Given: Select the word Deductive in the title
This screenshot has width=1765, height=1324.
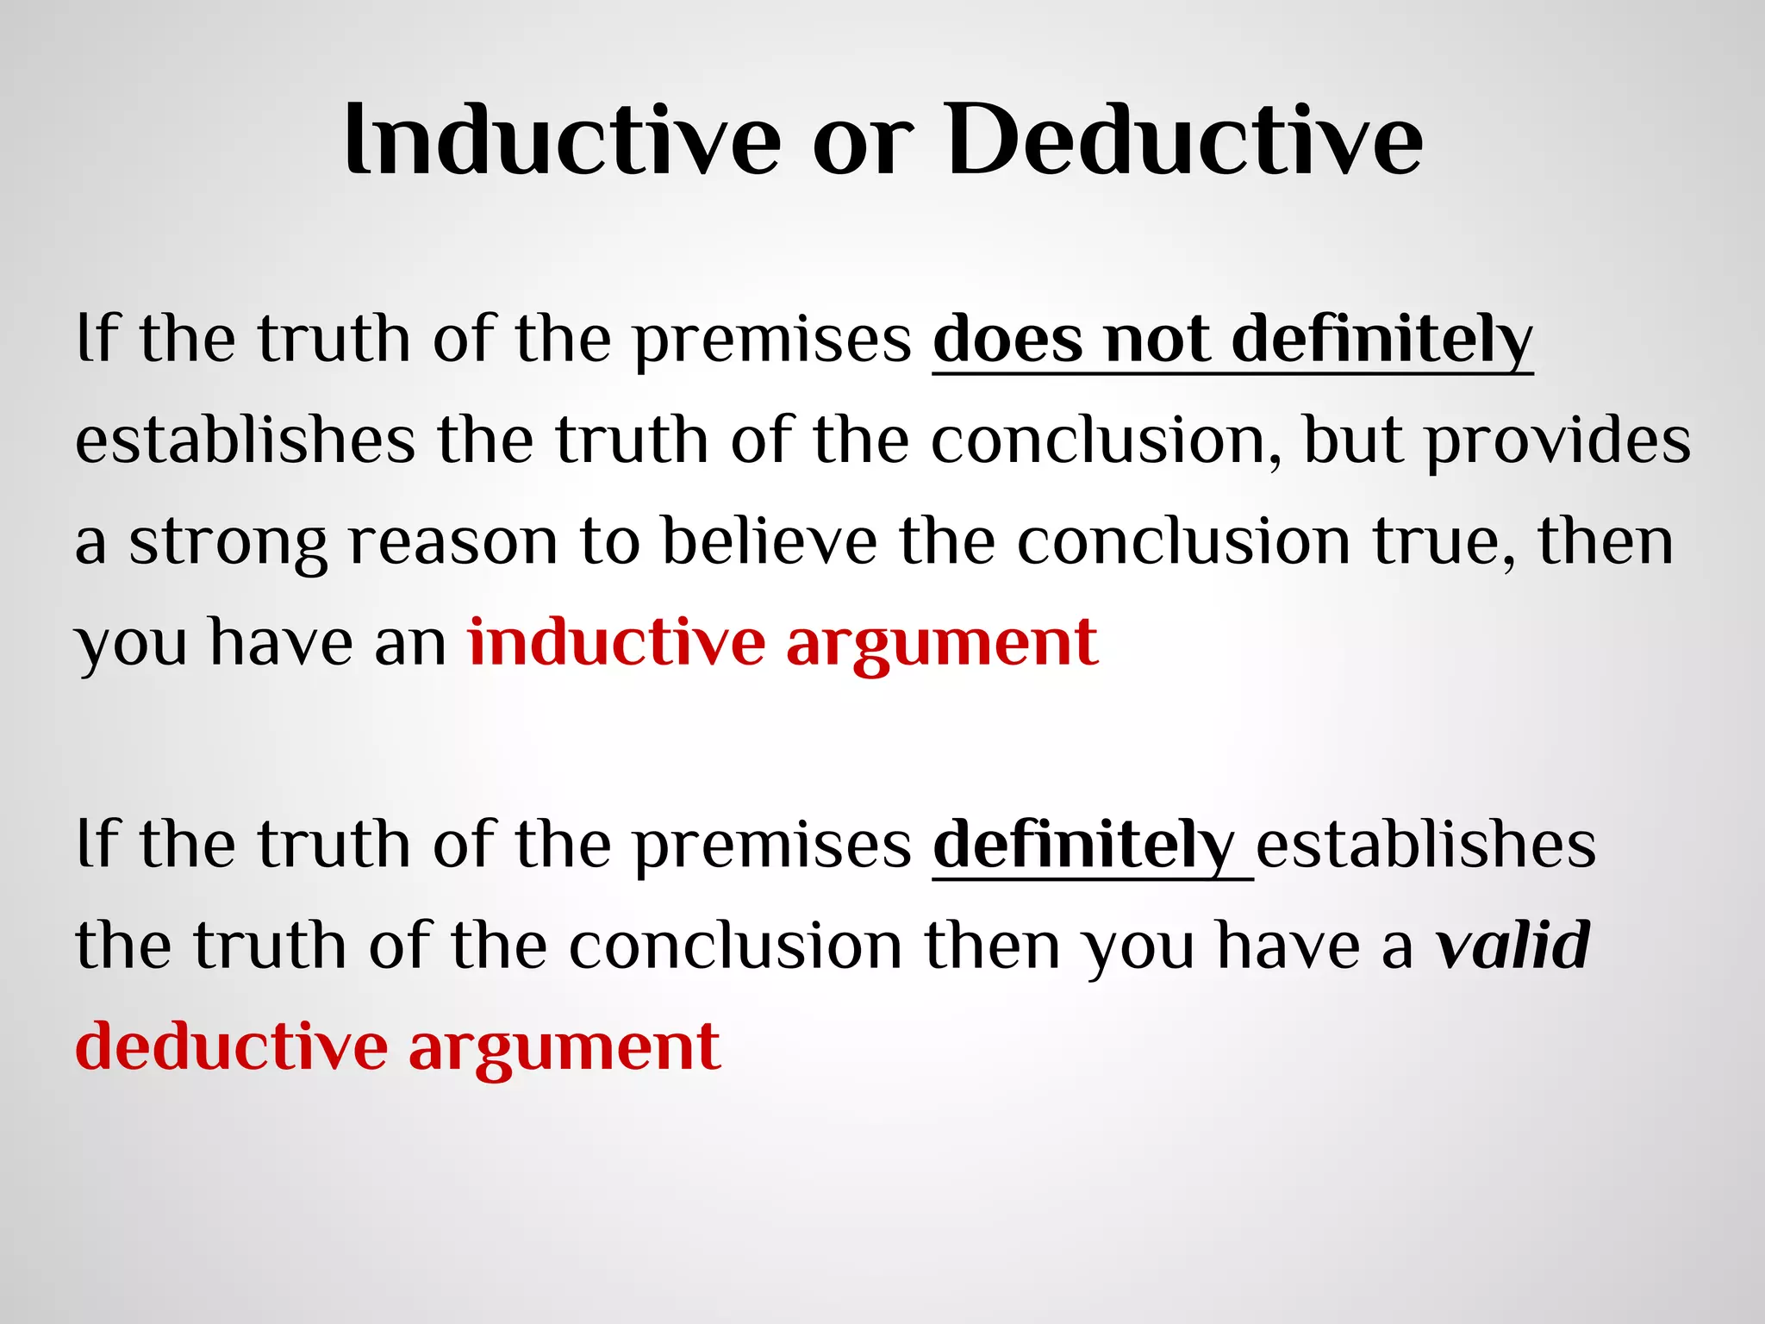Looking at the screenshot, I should (x=1184, y=140).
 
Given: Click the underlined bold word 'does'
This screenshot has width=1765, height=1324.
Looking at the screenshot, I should (x=1007, y=340).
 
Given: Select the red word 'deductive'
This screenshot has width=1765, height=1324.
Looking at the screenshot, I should (x=232, y=1047).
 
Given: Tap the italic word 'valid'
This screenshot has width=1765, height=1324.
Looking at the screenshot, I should (x=1512, y=946).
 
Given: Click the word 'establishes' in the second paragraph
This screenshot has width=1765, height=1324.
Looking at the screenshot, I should (x=1425, y=844).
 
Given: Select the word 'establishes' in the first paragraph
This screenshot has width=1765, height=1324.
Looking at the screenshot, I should (x=245, y=441).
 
